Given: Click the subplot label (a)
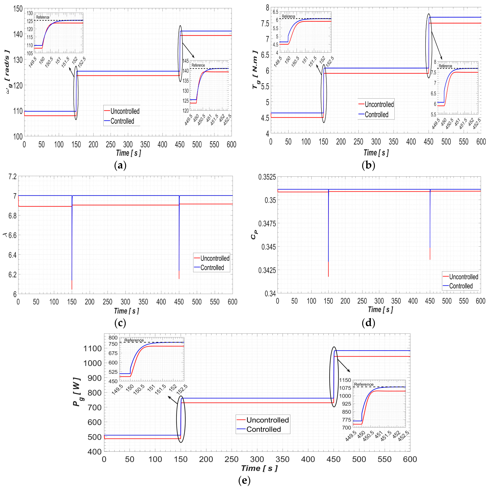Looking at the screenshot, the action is coord(120,166).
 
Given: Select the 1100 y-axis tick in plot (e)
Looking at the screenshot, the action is coord(93,349).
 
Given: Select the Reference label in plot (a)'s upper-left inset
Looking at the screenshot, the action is coord(43,17).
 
